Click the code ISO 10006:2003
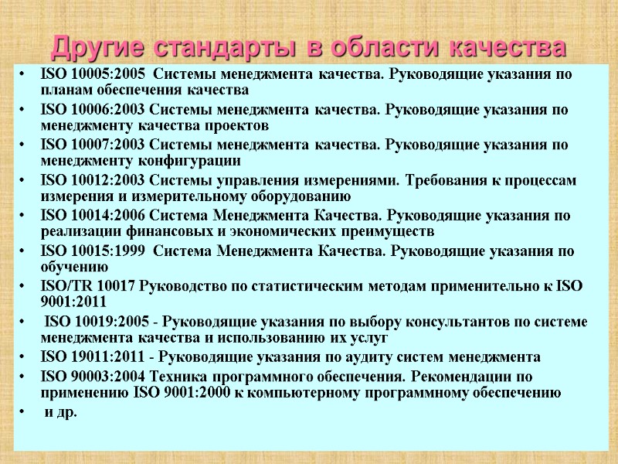(x=91, y=110)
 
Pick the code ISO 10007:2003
(x=91, y=145)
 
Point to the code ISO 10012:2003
(x=91, y=180)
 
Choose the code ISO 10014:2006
(x=91, y=216)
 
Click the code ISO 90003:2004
(x=91, y=377)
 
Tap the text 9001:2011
(x=73, y=302)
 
